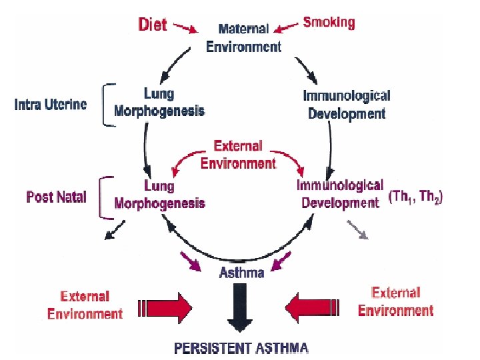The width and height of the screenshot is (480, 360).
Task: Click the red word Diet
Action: pos(153,25)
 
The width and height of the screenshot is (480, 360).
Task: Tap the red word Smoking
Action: pos(329,22)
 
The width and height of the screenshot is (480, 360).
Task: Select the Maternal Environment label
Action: pos(243,38)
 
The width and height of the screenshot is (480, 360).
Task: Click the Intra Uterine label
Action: pos(51,105)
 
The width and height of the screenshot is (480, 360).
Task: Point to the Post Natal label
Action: pos(56,197)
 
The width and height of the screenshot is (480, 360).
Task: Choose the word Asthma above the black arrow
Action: pos(242,272)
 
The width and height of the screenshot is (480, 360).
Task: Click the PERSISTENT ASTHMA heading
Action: pos(241,347)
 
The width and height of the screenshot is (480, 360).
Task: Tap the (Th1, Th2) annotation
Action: pos(415,198)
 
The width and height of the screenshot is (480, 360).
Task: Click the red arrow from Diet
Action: pos(186,28)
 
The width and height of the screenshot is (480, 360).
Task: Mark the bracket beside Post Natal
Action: pos(104,197)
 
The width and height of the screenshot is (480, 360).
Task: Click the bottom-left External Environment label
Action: pos(85,305)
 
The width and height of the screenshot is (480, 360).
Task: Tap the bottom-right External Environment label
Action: pos(395,302)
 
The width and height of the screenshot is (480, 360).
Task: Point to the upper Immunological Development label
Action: pos(347,105)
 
